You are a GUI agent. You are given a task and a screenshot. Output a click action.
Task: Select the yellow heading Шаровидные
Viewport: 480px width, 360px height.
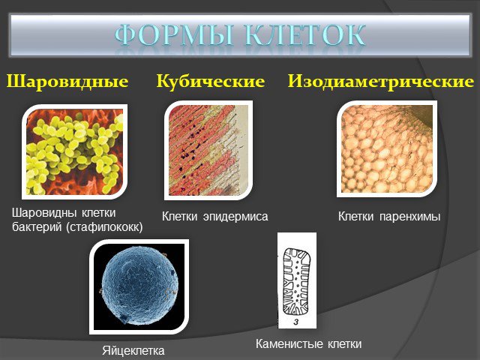tap(67, 82)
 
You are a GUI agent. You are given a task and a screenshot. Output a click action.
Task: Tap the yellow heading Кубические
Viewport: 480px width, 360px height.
tap(211, 82)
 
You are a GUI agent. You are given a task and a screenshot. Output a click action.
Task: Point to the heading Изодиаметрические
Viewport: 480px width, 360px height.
tap(381, 82)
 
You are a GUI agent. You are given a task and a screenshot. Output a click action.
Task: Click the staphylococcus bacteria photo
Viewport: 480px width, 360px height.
tap(75, 151)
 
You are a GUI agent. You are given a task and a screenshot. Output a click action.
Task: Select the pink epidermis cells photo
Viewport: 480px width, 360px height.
tap(208, 150)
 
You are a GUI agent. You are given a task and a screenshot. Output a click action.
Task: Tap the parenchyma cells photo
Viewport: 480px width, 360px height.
tap(387, 148)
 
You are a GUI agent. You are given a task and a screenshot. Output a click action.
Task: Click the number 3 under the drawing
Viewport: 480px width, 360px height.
tap(296, 322)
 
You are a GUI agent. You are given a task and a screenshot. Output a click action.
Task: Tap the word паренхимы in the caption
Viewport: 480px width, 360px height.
tap(410, 217)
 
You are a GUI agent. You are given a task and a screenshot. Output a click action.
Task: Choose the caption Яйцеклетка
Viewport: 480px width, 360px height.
tap(133, 350)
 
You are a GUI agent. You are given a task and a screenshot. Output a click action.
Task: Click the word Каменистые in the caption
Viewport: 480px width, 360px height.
tap(288, 343)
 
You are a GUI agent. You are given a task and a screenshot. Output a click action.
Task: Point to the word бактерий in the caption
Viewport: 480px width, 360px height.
tap(37, 227)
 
